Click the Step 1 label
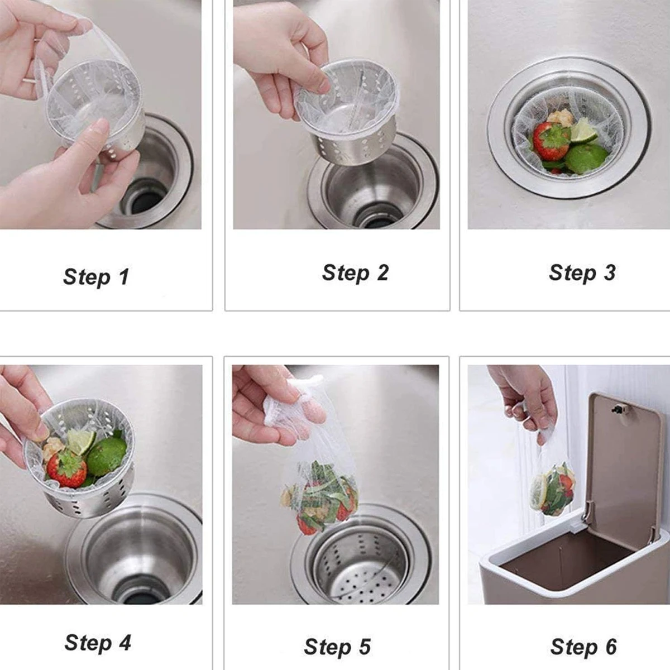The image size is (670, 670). tap(96, 276)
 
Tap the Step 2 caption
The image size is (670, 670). tap(355, 272)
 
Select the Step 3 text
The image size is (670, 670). tap(582, 272)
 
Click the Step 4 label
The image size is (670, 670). tap(98, 642)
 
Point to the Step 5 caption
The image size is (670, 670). tap(337, 647)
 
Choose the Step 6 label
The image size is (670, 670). tap(583, 647)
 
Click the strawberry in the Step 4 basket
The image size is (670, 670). tap(66, 468)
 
